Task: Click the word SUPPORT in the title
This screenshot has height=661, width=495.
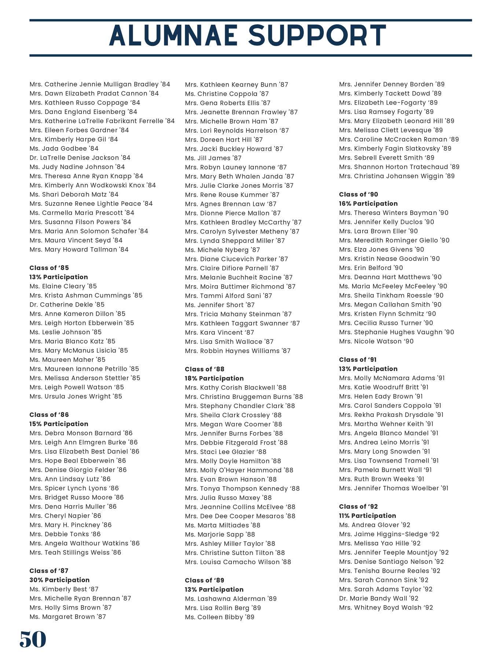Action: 317,36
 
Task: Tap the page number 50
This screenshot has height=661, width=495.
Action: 33,639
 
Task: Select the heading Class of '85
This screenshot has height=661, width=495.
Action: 49,268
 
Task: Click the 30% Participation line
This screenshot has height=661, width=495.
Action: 59,580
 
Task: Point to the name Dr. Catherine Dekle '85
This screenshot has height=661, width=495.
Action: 67,304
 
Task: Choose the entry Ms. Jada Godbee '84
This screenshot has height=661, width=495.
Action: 64,148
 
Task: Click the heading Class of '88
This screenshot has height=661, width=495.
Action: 205,369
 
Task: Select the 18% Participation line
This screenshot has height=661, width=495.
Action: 214,378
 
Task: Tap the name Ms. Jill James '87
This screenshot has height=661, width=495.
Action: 213,158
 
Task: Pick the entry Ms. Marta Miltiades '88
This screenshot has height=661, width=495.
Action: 223,525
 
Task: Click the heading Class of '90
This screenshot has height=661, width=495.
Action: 358,194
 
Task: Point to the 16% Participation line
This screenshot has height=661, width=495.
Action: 368,203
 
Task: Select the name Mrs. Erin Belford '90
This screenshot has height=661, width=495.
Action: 371,268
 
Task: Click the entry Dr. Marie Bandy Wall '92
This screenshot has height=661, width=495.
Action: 378,598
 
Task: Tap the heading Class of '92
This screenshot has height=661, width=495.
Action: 358,506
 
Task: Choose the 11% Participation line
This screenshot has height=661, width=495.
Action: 367,516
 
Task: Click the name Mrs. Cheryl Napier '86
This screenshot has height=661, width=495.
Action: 65,516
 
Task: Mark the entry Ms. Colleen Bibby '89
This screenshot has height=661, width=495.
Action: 219,617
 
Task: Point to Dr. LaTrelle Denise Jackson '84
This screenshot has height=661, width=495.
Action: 80,158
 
